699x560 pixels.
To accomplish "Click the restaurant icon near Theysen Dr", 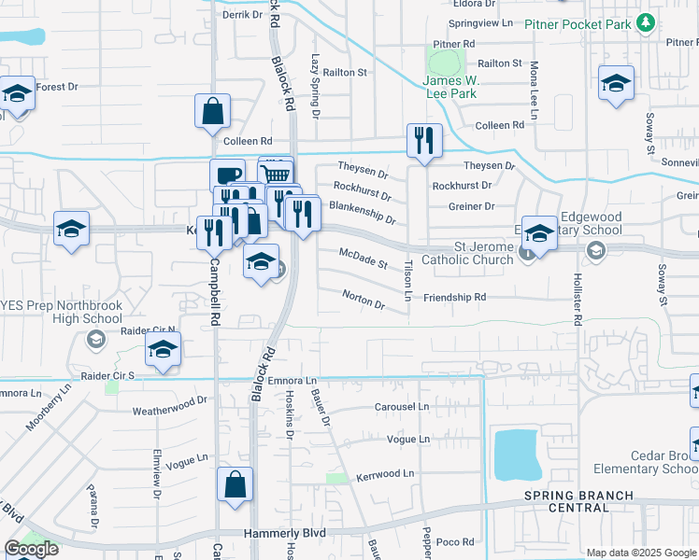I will tap(424, 141).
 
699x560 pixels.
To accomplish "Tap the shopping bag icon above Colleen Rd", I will tap(213, 111).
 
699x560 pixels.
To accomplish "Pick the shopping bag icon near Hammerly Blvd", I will tap(235, 485).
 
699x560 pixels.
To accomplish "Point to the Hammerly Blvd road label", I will tap(283, 534).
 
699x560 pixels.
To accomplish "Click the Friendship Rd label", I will tap(455, 297).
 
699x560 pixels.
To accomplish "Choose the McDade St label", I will tap(363, 259).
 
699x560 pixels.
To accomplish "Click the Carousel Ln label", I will tap(401, 407).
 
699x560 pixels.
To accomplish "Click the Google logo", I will tap(31, 549).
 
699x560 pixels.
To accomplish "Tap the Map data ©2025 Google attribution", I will tap(640, 553).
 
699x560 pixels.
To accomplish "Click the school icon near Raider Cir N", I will tap(163, 352).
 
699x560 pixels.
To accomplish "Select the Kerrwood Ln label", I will tap(384, 474).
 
